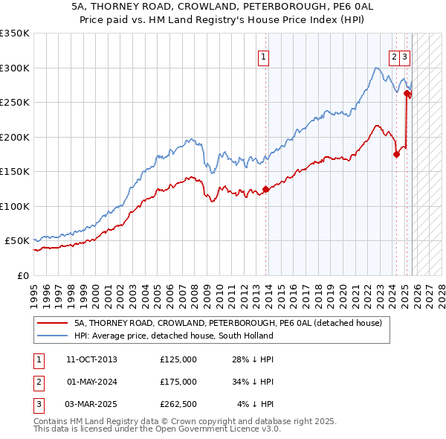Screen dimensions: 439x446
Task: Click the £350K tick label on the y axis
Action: tap(15, 33)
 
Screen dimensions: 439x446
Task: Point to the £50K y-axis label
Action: tap(17, 241)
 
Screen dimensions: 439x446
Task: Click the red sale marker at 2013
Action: tap(265, 189)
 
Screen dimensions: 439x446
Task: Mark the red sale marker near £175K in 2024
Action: tap(396, 155)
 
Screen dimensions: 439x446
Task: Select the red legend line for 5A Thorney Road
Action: tap(52, 324)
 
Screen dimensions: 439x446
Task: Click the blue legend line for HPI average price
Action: tap(52, 336)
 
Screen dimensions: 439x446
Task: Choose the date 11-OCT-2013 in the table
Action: tap(91, 359)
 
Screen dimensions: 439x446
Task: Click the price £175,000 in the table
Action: tap(178, 382)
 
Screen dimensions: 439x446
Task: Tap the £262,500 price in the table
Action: tap(178, 404)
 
